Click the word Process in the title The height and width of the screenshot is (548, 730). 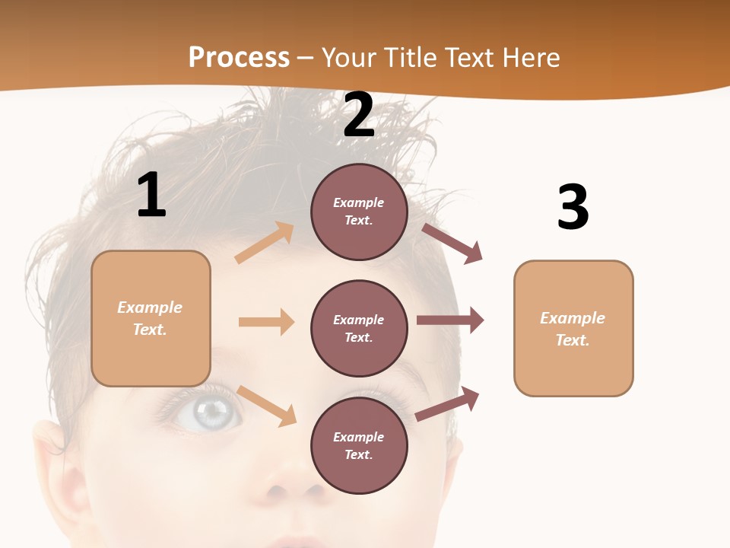[239, 57]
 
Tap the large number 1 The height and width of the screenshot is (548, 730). [151, 196]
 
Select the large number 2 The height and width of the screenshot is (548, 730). [359, 115]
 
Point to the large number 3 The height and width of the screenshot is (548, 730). [573, 207]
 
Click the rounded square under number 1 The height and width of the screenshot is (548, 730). [151, 318]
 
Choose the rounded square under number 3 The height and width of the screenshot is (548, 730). [573, 328]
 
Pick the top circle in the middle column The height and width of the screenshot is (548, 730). [359, 212]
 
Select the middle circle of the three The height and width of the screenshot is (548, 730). [359, 328]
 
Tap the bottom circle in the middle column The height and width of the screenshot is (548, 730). [359, 445]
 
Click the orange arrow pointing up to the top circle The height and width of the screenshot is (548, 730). [265, 243]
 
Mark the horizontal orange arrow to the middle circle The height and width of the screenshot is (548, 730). [266, 322]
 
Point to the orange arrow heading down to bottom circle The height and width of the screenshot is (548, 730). [267, 406]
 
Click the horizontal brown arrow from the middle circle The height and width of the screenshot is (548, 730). [450, 320]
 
